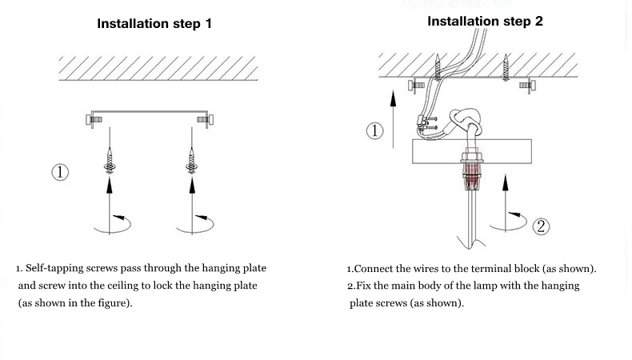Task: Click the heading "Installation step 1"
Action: coord(154,23)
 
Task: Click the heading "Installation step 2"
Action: coord(485,21)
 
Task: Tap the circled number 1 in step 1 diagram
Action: coord(60,172)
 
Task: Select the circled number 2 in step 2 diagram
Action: coord(541,226)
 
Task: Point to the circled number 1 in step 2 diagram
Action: coord(375,131)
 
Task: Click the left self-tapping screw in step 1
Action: coord(110,162)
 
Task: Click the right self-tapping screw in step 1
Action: coord(192,162)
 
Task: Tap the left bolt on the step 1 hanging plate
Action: coord(94,120)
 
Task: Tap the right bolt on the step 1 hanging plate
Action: coord(205,120)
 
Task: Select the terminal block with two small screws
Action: coord(426,123)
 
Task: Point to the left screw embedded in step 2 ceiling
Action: coord(438,67)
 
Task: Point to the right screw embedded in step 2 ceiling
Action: coord(506,67)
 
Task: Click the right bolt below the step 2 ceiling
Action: coord(528,86)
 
